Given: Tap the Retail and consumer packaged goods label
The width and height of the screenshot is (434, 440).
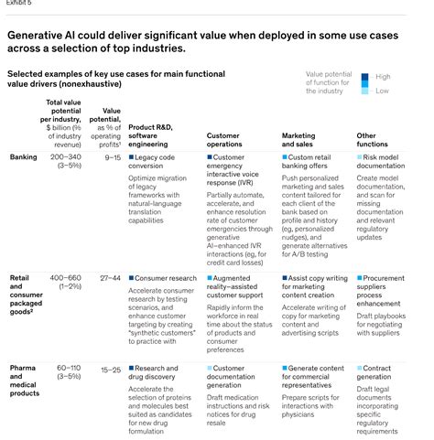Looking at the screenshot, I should click(27, 293).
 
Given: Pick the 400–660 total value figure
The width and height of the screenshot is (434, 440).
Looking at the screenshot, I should click(70, 277).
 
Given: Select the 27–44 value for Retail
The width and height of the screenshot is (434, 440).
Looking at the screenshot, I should click(110, 277).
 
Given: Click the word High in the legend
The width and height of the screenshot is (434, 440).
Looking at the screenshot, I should click(383, 77).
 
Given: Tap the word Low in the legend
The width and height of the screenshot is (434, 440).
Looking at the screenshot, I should click(382, 91).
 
